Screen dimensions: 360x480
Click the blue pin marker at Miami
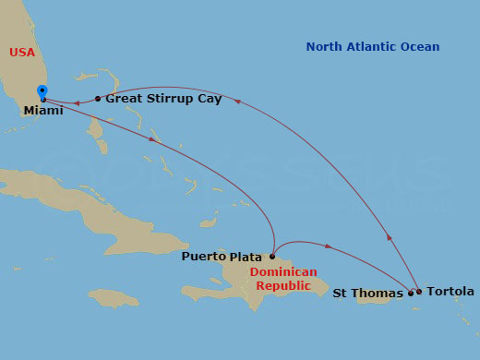click(x=42, y=91)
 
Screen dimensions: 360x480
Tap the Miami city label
click(x=43, y=111)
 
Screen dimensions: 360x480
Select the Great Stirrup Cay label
click(x=163, y=98)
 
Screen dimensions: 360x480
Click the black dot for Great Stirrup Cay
click(x=98, y=98)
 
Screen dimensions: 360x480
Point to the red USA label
click(x=22, y=53)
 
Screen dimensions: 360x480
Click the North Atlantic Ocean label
click(x=373, y=47)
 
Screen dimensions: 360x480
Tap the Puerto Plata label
click(x=223, y=256)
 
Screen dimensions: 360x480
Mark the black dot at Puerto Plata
click(x=272, y=257)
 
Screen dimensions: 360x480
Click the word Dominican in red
click(x=283, y=272)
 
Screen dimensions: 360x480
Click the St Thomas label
click(x=367, y=294)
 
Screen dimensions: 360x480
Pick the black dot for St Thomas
click(x=411, y=294)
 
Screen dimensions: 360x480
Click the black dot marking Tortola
click(x=419, y=292)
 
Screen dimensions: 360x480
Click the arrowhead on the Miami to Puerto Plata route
click(x=151, y=139)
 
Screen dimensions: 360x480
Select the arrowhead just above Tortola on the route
click(x=389, y=238)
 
